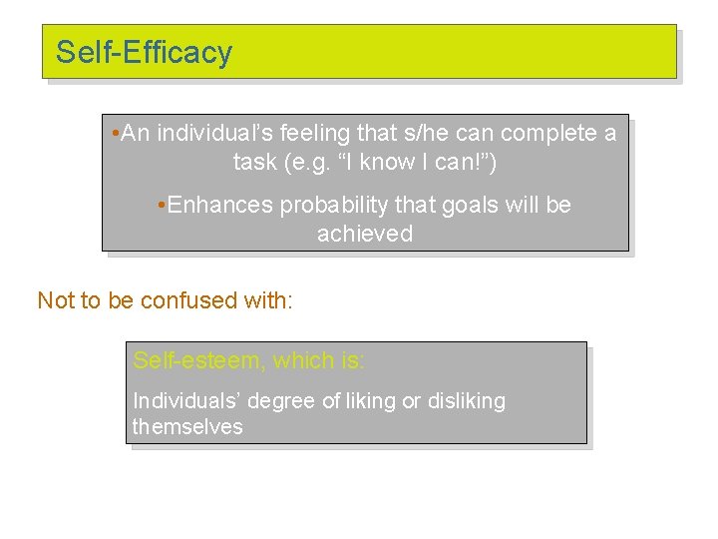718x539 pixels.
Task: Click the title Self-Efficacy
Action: tap(144, 52)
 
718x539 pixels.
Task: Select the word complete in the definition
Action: tap(546, 133)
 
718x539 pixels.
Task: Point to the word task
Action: tap(255, 162)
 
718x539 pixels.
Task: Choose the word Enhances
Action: tap(220, 205)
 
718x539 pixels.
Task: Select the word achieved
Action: tap(364, 234)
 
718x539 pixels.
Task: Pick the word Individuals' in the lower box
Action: tap(186, 401)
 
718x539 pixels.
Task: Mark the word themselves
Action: tap(187, 426)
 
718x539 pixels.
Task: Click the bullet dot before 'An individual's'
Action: tap(117, 133)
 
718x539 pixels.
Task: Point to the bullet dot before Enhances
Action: tap(162, 205)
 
